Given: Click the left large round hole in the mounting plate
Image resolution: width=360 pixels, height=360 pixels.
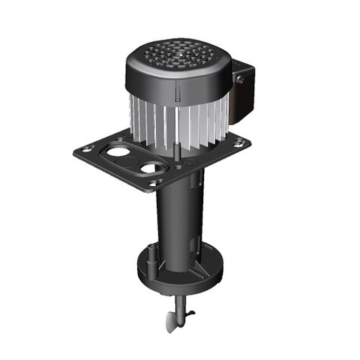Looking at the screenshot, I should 118,152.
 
